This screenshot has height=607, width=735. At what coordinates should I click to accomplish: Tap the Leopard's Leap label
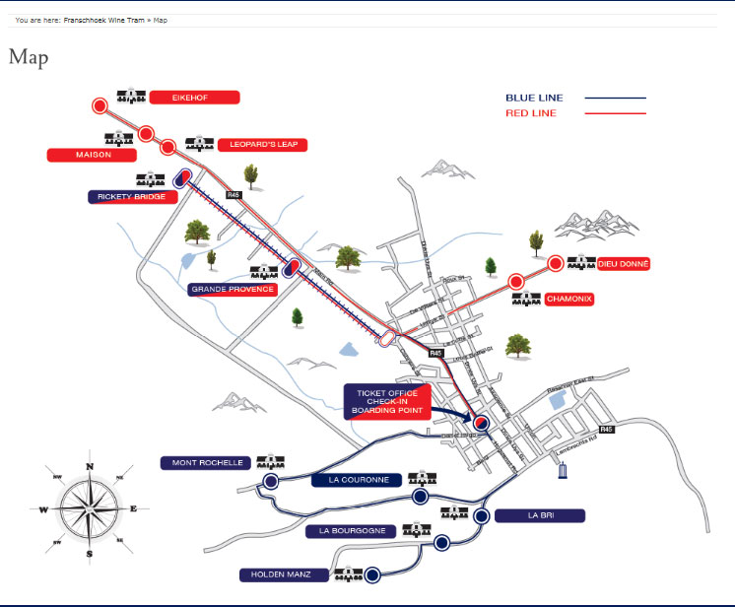point(262,145)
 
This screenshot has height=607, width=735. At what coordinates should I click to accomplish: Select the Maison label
point(93,155)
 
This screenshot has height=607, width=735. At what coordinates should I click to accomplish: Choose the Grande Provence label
point(233,290)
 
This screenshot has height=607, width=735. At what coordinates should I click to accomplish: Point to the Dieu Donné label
point(625,264)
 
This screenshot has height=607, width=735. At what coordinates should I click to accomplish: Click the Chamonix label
point(568,299)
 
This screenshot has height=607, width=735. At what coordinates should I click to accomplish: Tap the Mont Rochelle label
point(207,462)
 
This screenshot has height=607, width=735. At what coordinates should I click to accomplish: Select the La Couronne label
point(357,481)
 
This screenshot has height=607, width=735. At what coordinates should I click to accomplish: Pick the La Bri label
point(540,515)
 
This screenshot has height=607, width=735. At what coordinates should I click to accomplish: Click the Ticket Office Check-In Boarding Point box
point(387,402)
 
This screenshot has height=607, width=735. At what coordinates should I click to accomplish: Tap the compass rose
point(90,510)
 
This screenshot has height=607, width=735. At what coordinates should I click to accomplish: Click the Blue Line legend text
point(532,98)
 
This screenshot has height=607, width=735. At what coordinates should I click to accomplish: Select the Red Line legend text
point(530,113)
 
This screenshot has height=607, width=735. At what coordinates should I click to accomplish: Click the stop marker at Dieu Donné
point(555,263)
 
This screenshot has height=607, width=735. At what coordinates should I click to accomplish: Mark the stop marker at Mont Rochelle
point(271,481)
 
